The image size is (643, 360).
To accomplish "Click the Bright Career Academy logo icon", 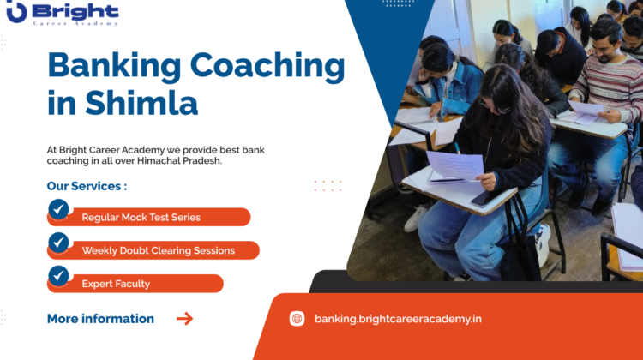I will pos(16,12).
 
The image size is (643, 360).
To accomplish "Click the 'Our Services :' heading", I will pos(87,186).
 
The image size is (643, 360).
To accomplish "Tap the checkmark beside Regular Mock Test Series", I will pos(58,209).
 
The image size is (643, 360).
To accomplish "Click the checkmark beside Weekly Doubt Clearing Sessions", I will pos(58,243).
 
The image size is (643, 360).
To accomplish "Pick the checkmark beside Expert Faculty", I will pos(58,276).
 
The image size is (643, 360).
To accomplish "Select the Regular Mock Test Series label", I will pos(141,218).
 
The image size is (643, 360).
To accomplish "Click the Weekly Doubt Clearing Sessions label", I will pos(159,250).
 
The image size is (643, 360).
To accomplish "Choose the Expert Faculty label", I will pos(116,284).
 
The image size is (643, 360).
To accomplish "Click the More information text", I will pos(100,319).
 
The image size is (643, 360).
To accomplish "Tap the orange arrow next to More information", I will pos(184,319).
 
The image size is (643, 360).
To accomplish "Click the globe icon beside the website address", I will pos(297,319).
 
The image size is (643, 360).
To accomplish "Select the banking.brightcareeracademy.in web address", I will pos(398,319).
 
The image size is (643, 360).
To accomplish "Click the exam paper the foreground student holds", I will pos(454,165).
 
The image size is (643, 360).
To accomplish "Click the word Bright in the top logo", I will pos(75,10).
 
